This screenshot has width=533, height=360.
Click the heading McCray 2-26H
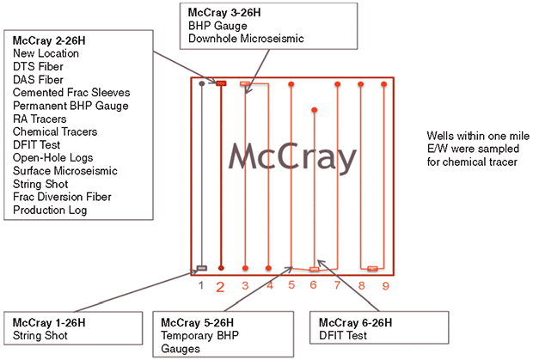coord(49,40)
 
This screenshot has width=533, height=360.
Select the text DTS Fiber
coord(38,66)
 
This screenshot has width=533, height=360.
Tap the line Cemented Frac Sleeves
coord(71,93)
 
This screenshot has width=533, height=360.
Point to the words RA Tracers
coord(40,119)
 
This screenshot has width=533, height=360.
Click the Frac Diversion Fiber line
coord(62,197)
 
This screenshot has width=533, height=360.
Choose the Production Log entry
coord(50,211)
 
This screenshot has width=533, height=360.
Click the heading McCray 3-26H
coord(224,13)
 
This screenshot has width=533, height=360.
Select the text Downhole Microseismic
coord(246,39)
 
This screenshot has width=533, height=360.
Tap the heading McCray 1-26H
coord(49,322)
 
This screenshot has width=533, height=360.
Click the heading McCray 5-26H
coord(197,322)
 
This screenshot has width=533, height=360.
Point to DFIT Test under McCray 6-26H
coord(343,336)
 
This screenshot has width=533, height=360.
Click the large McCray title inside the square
coord(292,157)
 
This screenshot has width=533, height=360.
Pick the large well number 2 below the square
coord(220,287)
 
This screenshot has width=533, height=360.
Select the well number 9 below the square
coord(385,286)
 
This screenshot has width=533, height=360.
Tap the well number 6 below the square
coord(313,284)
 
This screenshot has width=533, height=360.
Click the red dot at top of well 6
coord(315,110)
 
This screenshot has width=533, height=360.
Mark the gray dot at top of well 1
coord(201,83)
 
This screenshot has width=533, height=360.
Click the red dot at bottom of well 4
coord(268,268)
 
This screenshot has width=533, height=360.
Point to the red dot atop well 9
coord(383,84)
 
